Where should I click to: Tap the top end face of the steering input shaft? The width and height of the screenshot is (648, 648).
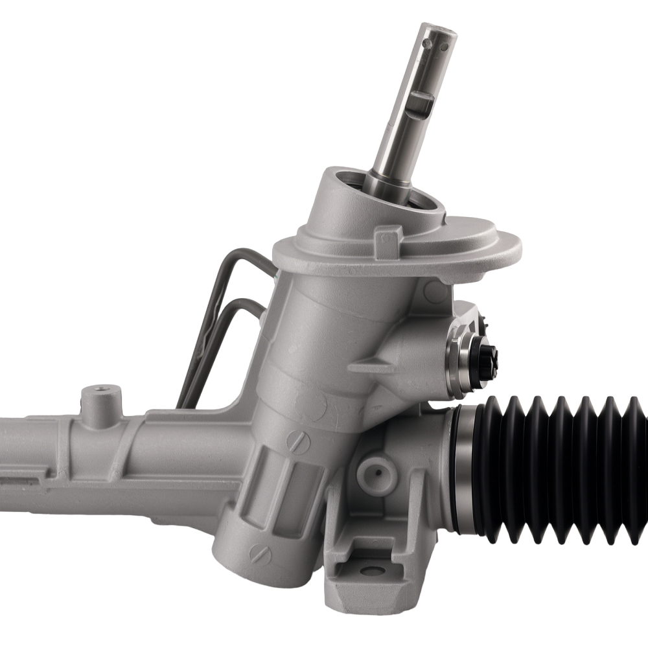point(440,30)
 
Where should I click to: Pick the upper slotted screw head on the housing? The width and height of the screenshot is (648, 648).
point(297,442)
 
